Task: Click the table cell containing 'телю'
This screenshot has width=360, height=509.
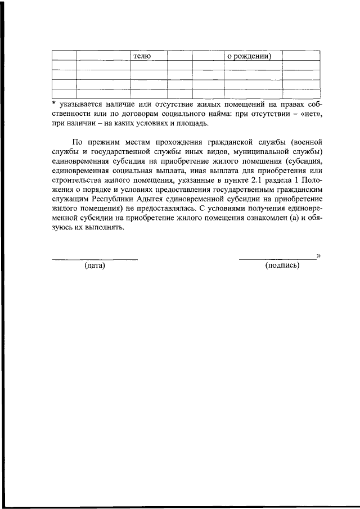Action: click(x=148, y=56)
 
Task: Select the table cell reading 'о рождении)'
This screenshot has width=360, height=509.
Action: click(x=252, y=56)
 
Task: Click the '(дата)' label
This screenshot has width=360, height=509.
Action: click(x=95, y=265)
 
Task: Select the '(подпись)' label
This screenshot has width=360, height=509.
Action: click(x=282, y=265)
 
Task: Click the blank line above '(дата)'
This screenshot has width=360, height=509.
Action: click(x=95, y=258)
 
